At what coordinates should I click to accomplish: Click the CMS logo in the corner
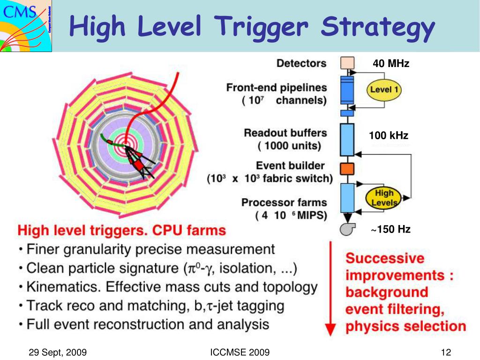click(x=25, y=25)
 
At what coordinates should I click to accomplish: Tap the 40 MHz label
click(x=391, y=64)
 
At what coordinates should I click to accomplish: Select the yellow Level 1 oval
click(x=384, y=90)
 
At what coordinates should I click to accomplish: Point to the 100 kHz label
click(x=388, y=136)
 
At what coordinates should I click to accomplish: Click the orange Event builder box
click(x=347, y=168)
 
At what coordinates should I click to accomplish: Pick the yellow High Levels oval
click(x=384, y=198)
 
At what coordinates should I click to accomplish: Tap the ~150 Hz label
click(x=391, y=230)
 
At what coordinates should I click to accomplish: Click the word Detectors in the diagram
click(x=301, y=63)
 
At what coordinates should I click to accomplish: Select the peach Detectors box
click(x=347, y=63)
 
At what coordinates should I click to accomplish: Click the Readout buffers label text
click(x=285, y=133)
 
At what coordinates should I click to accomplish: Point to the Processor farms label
click(x=284, y=202)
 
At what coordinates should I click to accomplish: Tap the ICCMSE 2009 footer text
click(x=240, y=352)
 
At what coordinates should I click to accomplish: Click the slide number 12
click(x=445, y=352)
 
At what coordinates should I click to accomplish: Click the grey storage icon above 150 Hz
click(x=347, y=229)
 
